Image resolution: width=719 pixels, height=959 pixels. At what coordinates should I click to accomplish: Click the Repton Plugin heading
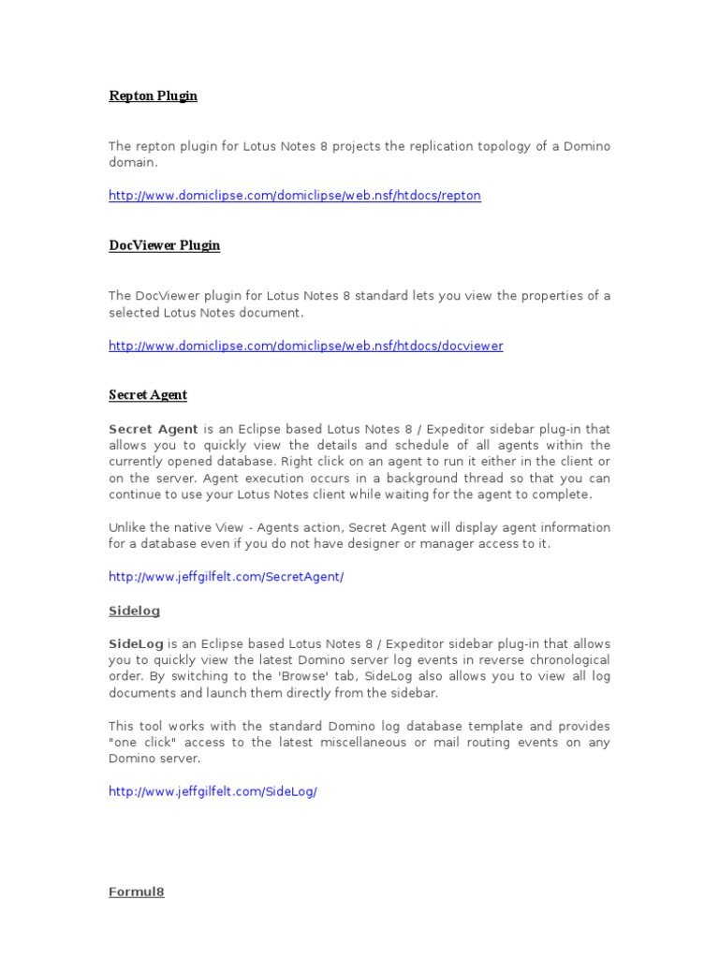point(153,96)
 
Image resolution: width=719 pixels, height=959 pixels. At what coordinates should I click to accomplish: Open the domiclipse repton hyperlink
point(294,196)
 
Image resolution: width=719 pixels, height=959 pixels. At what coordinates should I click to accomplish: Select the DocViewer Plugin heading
point(164,245)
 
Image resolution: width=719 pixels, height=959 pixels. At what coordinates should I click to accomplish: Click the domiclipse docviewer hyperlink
point(305,346)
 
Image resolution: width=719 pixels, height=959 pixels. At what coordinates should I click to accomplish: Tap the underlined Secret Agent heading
point(148,395)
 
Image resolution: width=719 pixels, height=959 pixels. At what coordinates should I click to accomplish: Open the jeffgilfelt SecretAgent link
point(226,577)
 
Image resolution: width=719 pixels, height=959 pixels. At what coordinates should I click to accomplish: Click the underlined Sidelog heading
point(134,611)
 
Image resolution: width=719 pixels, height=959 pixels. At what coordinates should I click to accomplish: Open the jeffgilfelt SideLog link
point(213,791)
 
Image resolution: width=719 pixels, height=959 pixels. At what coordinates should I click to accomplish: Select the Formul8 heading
point(137,892)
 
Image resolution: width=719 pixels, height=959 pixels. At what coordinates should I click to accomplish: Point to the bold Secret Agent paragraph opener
point(154,429)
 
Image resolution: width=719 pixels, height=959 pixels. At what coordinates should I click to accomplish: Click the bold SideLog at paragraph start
point(136,644)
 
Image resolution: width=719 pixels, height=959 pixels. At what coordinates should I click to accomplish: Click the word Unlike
point(128,527)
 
